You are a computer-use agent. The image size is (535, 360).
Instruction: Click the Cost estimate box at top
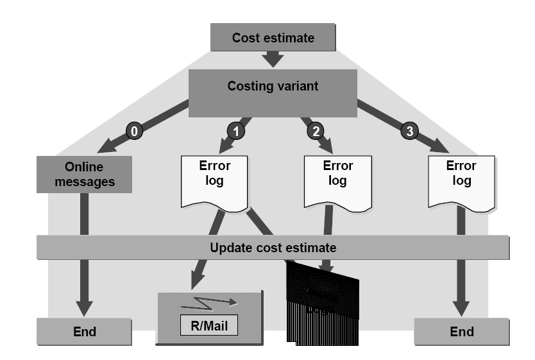point(273,37)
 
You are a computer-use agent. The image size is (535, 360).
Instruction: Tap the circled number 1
point(236,132)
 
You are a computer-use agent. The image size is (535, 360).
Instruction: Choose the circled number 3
point(410,132)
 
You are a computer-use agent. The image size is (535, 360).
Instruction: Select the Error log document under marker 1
point(214,180)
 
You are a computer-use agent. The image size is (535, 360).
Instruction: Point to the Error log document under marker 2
point(337,180)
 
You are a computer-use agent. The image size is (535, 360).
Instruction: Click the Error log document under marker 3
point(461,180)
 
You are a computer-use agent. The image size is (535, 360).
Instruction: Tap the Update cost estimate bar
point(273,247)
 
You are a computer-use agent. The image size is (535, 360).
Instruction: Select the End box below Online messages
point(84,332)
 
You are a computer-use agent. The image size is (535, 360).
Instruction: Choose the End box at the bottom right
point(462,332)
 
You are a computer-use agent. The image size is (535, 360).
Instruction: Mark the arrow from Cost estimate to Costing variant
point(273,58)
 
